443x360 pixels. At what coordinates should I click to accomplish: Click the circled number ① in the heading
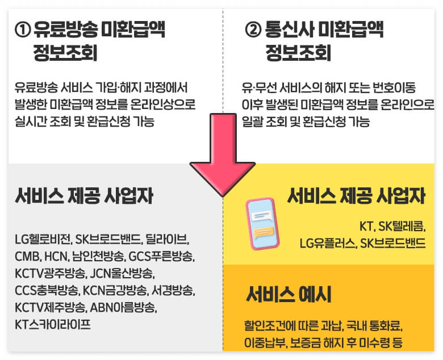tap(23, 30)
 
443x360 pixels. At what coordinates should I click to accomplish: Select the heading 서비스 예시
tap(289, 295)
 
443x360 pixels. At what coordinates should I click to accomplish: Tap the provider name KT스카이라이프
tap(53, 324)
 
